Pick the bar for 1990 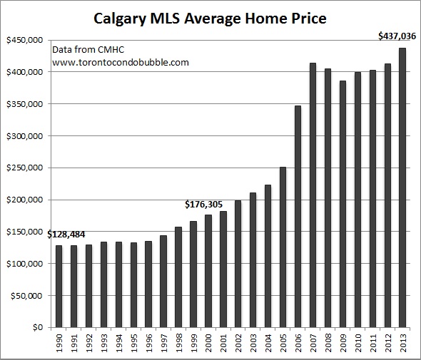click(x=59, y=286)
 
